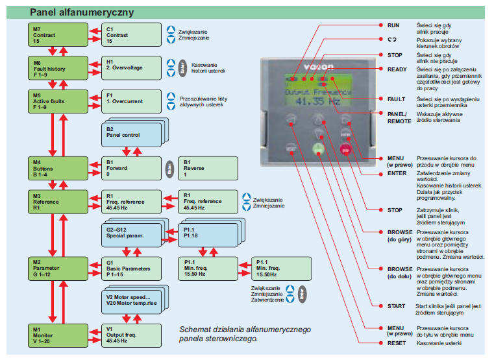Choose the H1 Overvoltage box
[x=132, y=67]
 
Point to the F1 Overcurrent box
[x=132, y=101]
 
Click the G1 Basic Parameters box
[x=132, y=268]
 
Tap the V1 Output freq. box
[x=132, y=335]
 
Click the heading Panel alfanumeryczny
[x=73, y=11]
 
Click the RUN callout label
[x=393, y=25]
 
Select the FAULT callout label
[x=395, y=99]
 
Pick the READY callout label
[x=397, y=69]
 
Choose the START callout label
[x=396, y=306]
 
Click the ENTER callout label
[x=397, y=173]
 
